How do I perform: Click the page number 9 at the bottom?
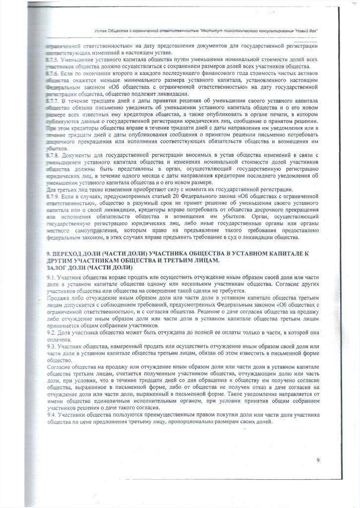pos(318,460)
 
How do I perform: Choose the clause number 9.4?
pos(50,414)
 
